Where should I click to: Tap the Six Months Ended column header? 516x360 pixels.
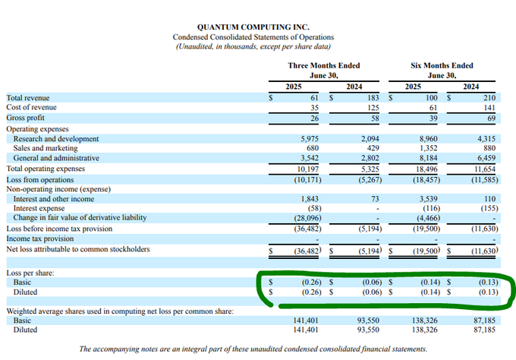click(x=442, y=66)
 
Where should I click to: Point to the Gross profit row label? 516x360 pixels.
click(x=25, y=118)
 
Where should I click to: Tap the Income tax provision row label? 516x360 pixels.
click(x=39, y=238)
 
